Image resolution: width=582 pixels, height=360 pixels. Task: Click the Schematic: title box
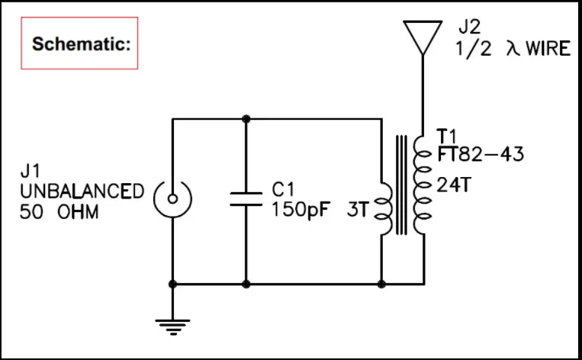79,43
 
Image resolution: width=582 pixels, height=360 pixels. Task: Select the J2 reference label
470,28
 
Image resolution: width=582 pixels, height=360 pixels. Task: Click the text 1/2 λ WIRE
513,49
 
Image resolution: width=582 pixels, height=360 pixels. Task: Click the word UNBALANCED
82,191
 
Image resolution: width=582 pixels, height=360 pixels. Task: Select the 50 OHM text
59,211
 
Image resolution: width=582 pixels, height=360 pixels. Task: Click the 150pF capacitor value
301,209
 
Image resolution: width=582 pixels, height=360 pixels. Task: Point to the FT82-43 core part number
481,154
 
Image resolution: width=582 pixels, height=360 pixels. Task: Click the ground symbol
173,326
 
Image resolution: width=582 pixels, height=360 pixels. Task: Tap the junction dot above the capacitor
246,119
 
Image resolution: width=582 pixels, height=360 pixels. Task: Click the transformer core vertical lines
400,185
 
